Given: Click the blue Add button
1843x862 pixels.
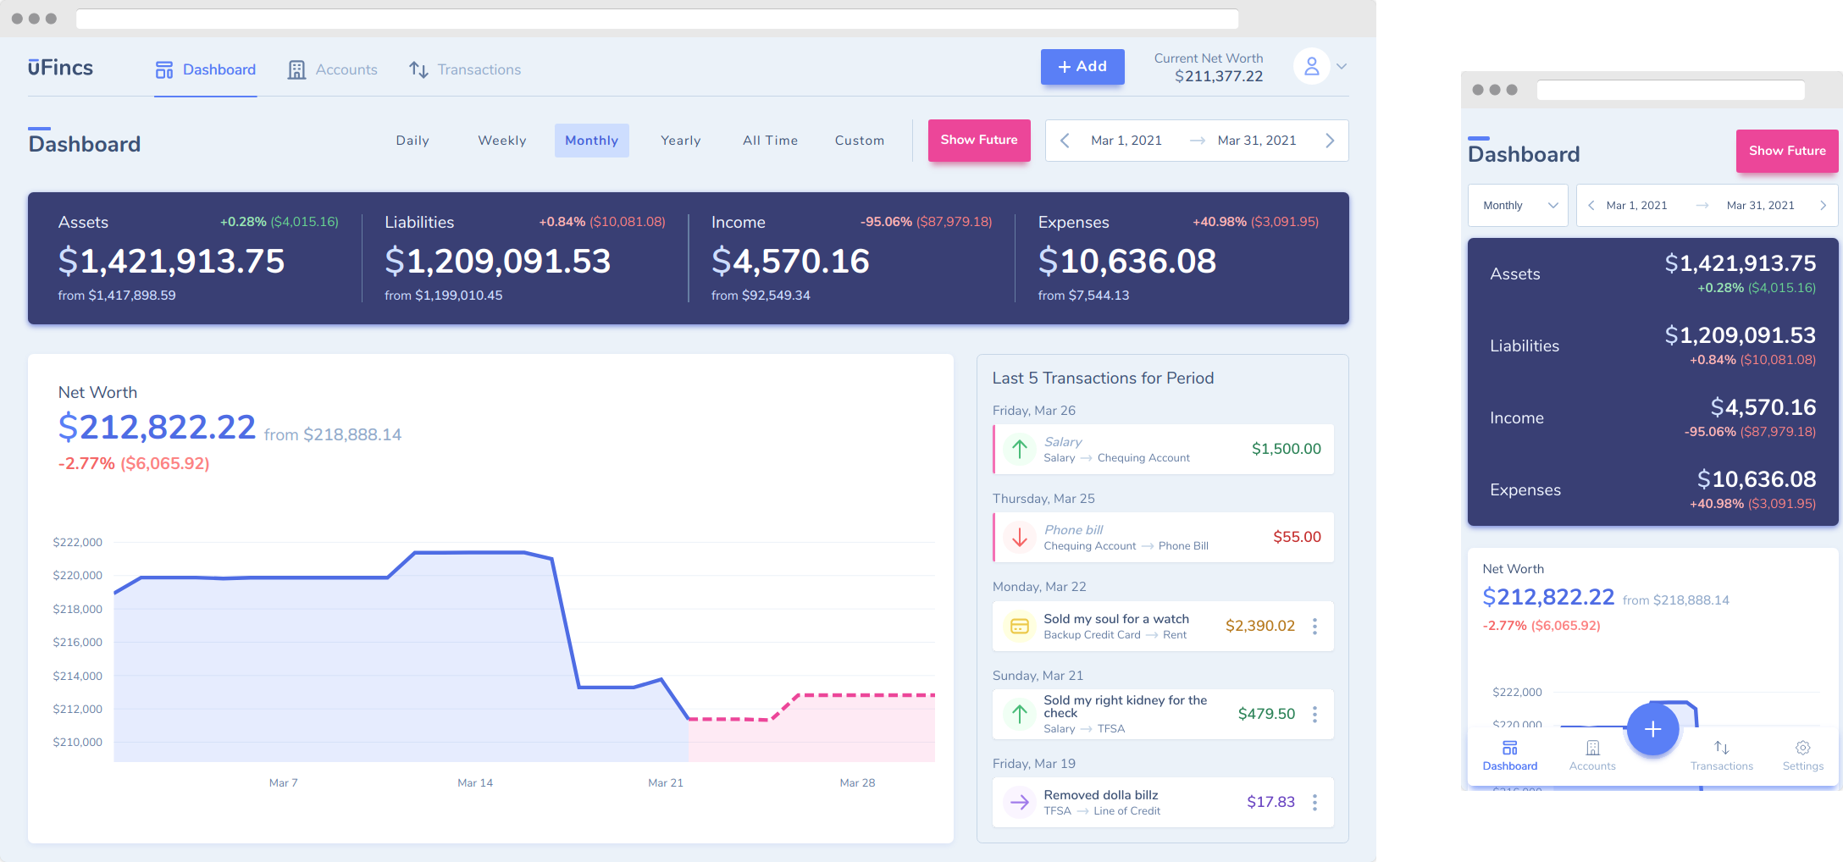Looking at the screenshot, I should (1082, 67).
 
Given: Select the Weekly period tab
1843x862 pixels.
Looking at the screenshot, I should (501, 141).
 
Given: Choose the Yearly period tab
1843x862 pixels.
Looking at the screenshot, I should (680, 141).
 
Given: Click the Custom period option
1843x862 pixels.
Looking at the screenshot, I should (859, 141).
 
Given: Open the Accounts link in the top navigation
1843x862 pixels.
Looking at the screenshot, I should (333, 69).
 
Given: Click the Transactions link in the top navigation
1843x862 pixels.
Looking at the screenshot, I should (465, 69).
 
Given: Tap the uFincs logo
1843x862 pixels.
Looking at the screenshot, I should (60, 68).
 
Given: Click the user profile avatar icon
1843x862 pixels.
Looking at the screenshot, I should (1311, 66).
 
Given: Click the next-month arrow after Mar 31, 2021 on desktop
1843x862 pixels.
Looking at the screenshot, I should (1330, 141).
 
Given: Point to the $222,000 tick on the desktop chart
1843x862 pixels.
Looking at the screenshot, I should (77, 542).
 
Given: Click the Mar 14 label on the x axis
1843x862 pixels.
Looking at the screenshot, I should (475, 782).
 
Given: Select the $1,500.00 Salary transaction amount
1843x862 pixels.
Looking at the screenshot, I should (1286, 449).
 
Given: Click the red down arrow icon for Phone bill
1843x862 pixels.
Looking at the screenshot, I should (1020, 537).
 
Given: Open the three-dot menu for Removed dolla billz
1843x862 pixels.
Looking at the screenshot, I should (1314, 802).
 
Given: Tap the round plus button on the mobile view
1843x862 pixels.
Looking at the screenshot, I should (1652, 729).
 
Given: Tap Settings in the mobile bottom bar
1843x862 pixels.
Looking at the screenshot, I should (1802, 754).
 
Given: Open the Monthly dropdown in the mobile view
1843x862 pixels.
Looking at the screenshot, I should (1518, 206).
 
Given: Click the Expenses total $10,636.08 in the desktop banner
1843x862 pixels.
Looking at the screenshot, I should (1127, 261).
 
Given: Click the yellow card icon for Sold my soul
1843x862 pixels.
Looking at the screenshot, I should (1020, 626).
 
